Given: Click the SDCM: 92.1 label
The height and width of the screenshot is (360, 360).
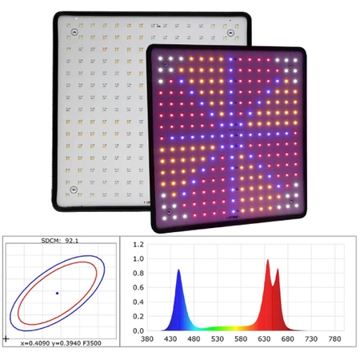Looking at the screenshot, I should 57,239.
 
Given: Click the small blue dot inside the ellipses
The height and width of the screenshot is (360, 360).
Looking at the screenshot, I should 57,294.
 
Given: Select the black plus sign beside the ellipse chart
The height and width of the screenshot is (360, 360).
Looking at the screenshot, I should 7,339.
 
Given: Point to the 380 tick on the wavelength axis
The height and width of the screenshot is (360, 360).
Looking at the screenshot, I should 147,339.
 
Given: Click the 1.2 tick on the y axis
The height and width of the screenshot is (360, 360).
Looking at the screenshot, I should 138,244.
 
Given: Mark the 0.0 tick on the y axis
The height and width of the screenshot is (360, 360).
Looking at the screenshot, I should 138,330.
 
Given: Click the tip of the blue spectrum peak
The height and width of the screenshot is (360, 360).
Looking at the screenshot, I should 178,270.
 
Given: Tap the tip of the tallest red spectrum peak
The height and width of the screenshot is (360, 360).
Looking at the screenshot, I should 268,260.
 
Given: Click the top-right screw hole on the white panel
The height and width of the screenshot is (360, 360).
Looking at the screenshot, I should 233,33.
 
